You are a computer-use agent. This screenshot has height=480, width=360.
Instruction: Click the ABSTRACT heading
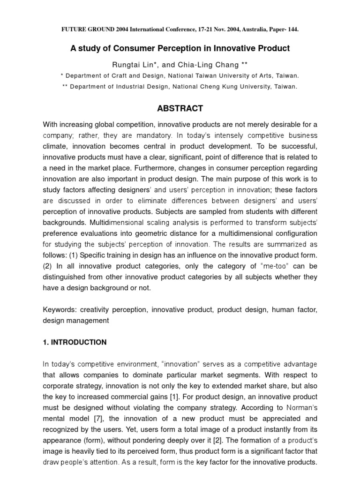[180, 108]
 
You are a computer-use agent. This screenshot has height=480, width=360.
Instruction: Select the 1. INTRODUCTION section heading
[75, 342]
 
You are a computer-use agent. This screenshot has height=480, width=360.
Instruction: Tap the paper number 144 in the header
[292, 29]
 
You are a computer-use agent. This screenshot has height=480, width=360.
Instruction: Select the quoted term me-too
[249, 266]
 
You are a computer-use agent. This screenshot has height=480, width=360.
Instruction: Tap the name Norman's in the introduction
[299, 407]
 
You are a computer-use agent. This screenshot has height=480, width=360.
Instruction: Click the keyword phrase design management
[76, 321]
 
